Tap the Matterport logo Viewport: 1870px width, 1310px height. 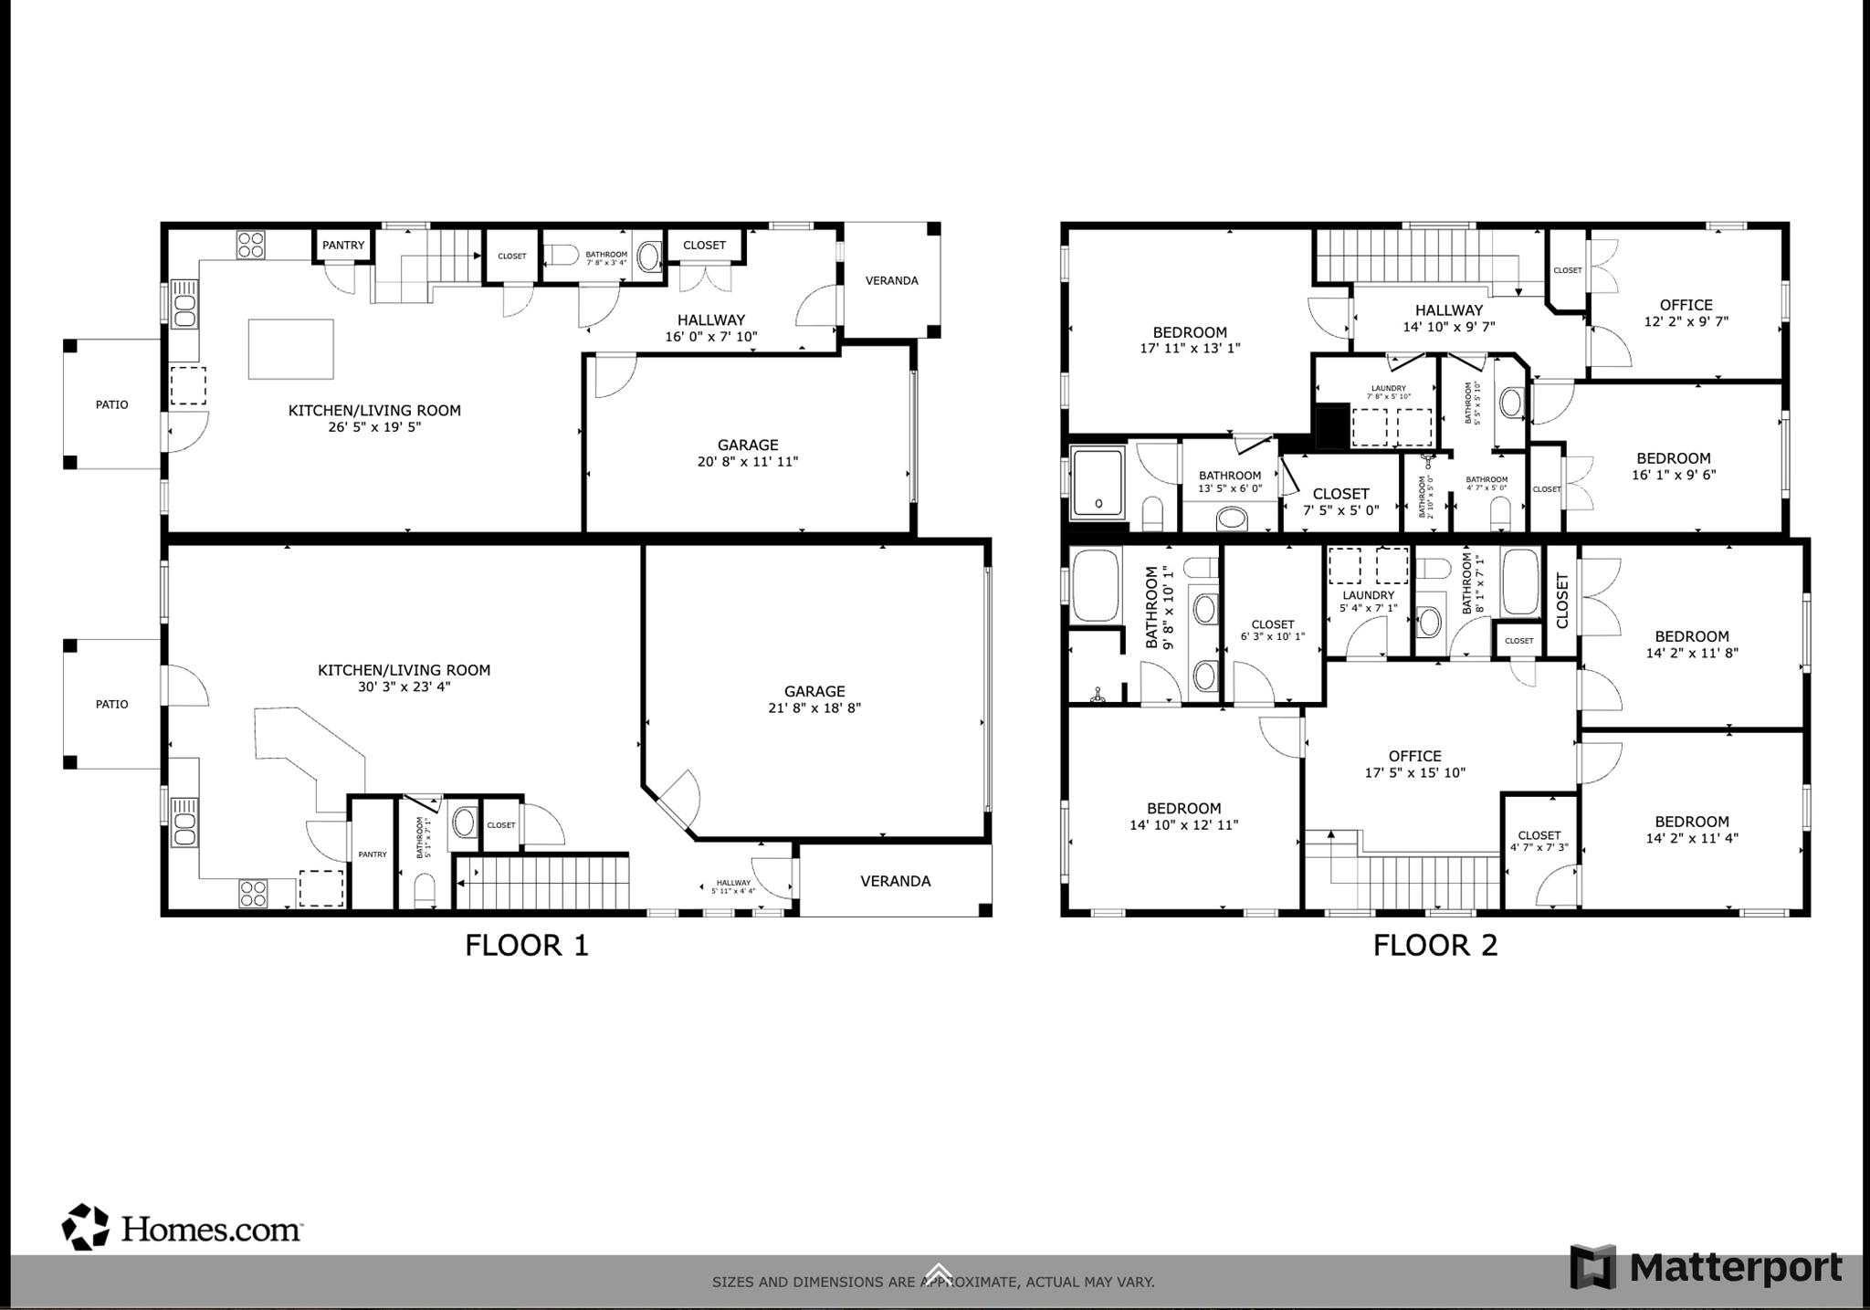(1706, 1267)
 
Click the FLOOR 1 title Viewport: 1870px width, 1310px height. (527, 945)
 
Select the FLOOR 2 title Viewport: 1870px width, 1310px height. (1435, 945)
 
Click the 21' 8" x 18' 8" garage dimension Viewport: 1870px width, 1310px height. (814, 707)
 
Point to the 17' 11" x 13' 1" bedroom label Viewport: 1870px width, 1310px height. (1190, 340)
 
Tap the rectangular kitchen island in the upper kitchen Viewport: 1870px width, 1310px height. (291, 348)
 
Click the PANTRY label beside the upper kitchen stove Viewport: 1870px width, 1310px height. (343, 245)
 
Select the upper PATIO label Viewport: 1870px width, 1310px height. (112, 404)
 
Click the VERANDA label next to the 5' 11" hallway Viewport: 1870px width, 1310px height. (895, 881)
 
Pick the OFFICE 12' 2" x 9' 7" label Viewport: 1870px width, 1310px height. (1686, 313)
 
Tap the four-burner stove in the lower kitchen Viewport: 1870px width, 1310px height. (253, 893)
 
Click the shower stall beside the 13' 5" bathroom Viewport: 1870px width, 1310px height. (1098, 481)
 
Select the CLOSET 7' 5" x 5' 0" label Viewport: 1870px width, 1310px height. (1340, 502)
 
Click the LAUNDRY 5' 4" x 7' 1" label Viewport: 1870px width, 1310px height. (1368, 602)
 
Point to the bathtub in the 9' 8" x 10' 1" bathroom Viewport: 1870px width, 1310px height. (1096, 584)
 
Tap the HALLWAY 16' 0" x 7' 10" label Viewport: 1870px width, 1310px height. (710, 328)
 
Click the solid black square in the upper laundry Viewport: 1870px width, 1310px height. (1331, 424)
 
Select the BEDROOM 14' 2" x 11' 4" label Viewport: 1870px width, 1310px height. (1691, 829)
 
